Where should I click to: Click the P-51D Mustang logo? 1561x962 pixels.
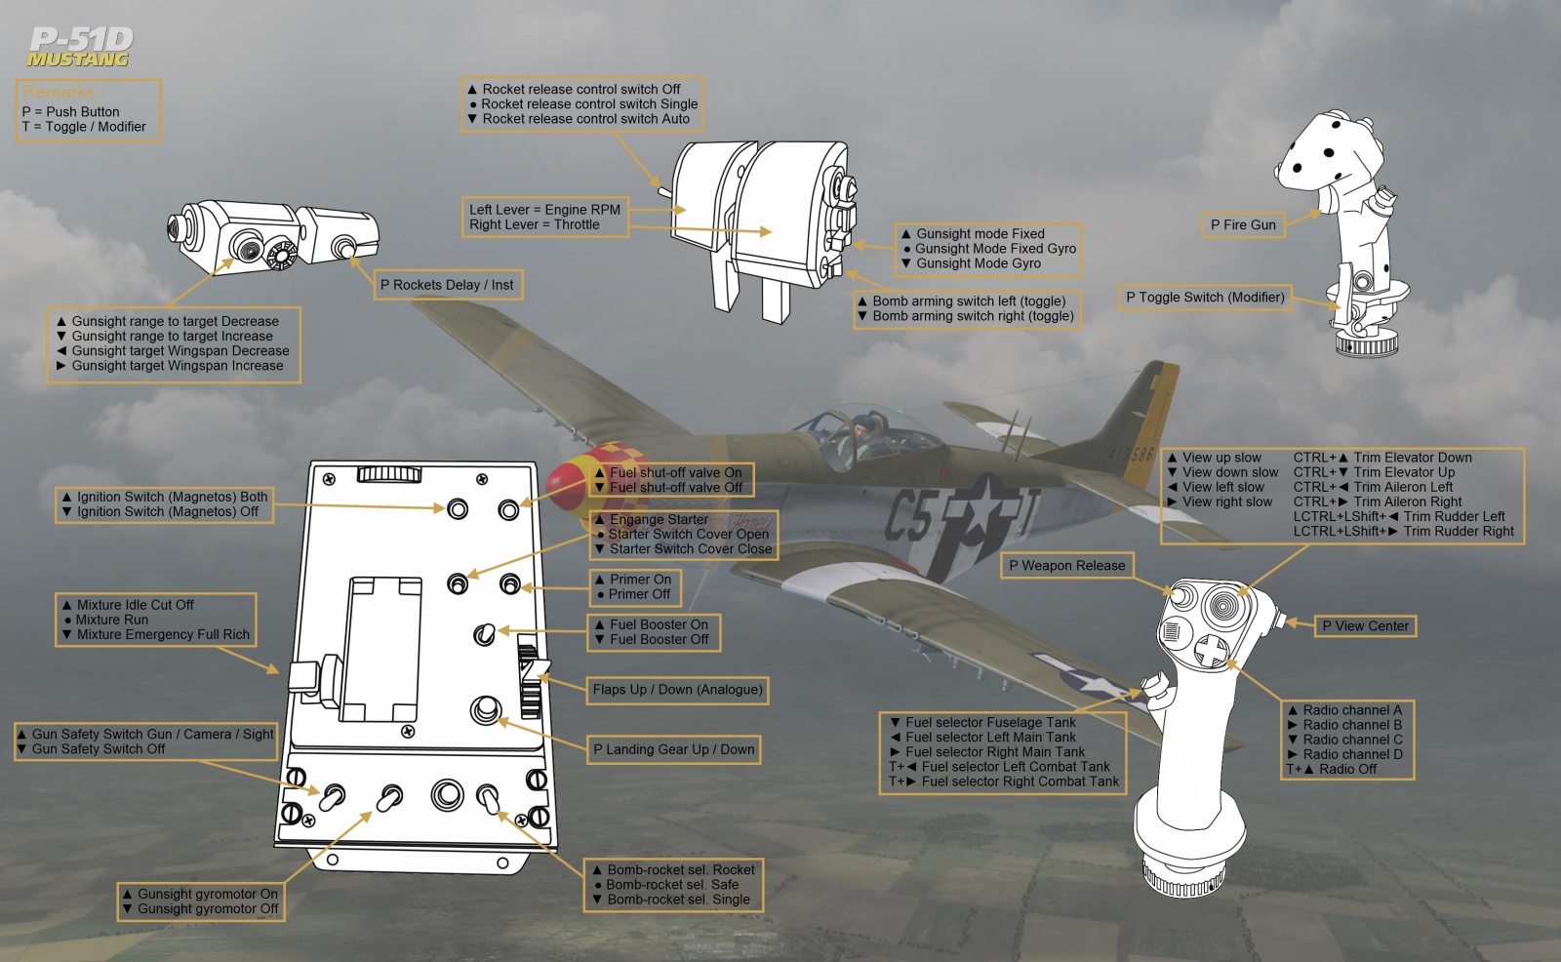[80, 47]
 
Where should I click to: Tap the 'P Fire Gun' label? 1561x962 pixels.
[1243, 224]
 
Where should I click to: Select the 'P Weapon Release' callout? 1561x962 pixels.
[1066, 566]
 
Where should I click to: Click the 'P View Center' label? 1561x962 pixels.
[1364, 626]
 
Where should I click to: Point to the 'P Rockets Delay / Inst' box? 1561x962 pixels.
[447, 285]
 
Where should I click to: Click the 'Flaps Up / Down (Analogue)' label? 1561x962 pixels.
[677, 690]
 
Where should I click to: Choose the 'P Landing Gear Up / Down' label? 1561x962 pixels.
[673, 749]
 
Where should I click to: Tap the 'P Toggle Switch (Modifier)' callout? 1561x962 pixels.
[1204, 298]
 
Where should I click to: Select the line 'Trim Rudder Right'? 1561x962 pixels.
[1458, 532]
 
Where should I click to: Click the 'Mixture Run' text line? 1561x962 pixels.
[111, 620]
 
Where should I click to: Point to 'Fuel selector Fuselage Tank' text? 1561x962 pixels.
[990, 723]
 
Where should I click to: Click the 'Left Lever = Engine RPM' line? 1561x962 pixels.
[544, 210]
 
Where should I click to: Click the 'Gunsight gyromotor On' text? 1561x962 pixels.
[207, 894]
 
